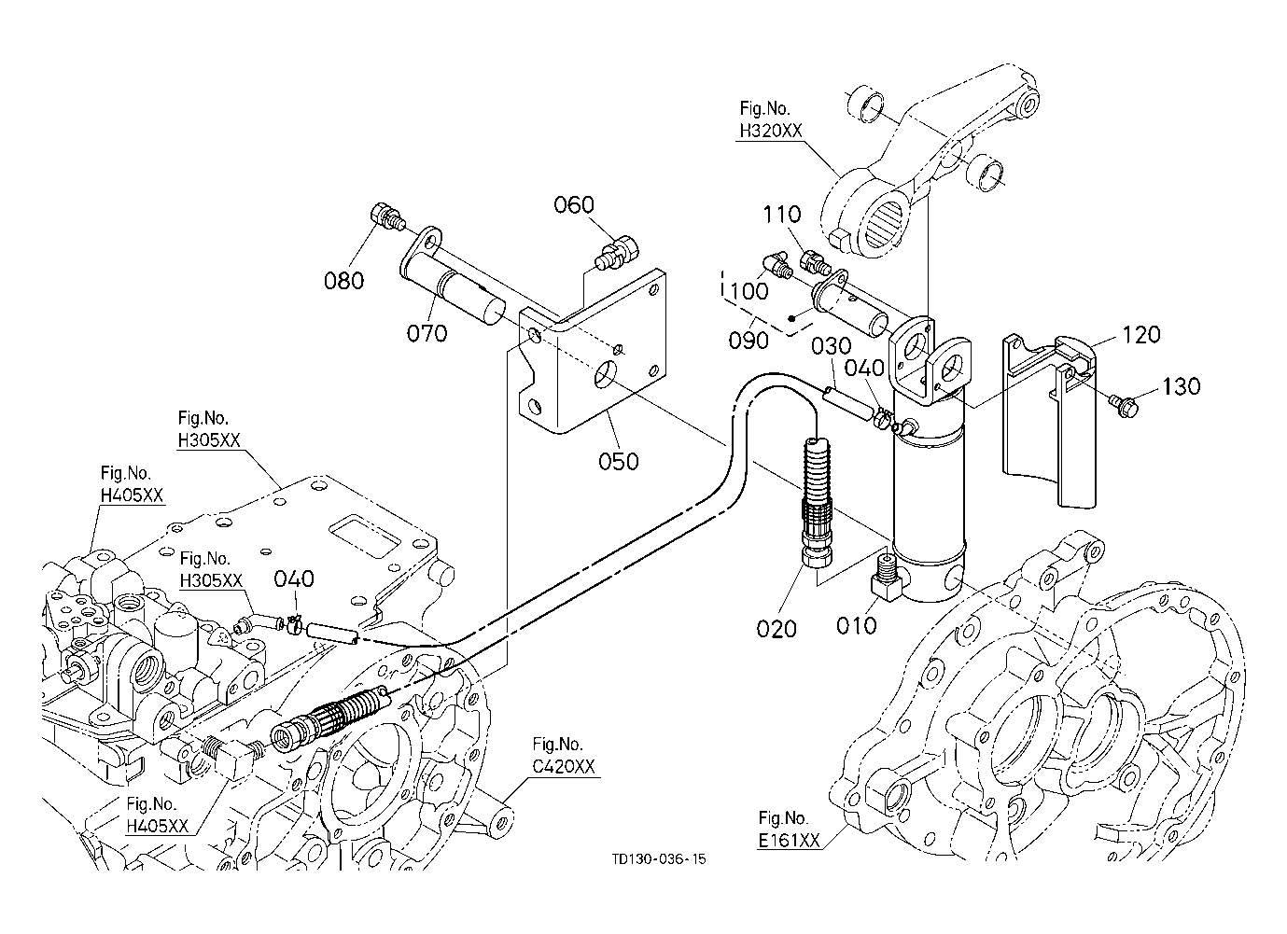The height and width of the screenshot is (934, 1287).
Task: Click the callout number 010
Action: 856,625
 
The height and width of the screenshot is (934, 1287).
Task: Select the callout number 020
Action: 776,629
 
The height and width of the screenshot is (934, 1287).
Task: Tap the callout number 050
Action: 618,461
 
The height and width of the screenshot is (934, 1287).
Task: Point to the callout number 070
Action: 427,332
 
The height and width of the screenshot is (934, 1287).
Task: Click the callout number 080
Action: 343,280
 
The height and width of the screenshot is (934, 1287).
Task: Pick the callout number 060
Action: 573,204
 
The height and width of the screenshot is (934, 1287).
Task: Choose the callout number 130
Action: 1182,386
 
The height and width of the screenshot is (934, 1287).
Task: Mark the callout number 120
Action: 1141,334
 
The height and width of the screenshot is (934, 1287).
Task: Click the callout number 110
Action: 781,215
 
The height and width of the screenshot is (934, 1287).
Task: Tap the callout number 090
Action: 748,340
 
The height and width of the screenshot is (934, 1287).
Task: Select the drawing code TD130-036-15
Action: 659,858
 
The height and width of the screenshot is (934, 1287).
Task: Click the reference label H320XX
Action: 771,131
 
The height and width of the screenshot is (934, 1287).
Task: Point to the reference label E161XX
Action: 789,840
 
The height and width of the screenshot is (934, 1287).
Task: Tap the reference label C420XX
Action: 563,766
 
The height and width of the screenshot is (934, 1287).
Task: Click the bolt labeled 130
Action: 1120,406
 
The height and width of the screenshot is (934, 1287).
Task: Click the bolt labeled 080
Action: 387,217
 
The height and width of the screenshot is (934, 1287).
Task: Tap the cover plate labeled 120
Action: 1049,421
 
